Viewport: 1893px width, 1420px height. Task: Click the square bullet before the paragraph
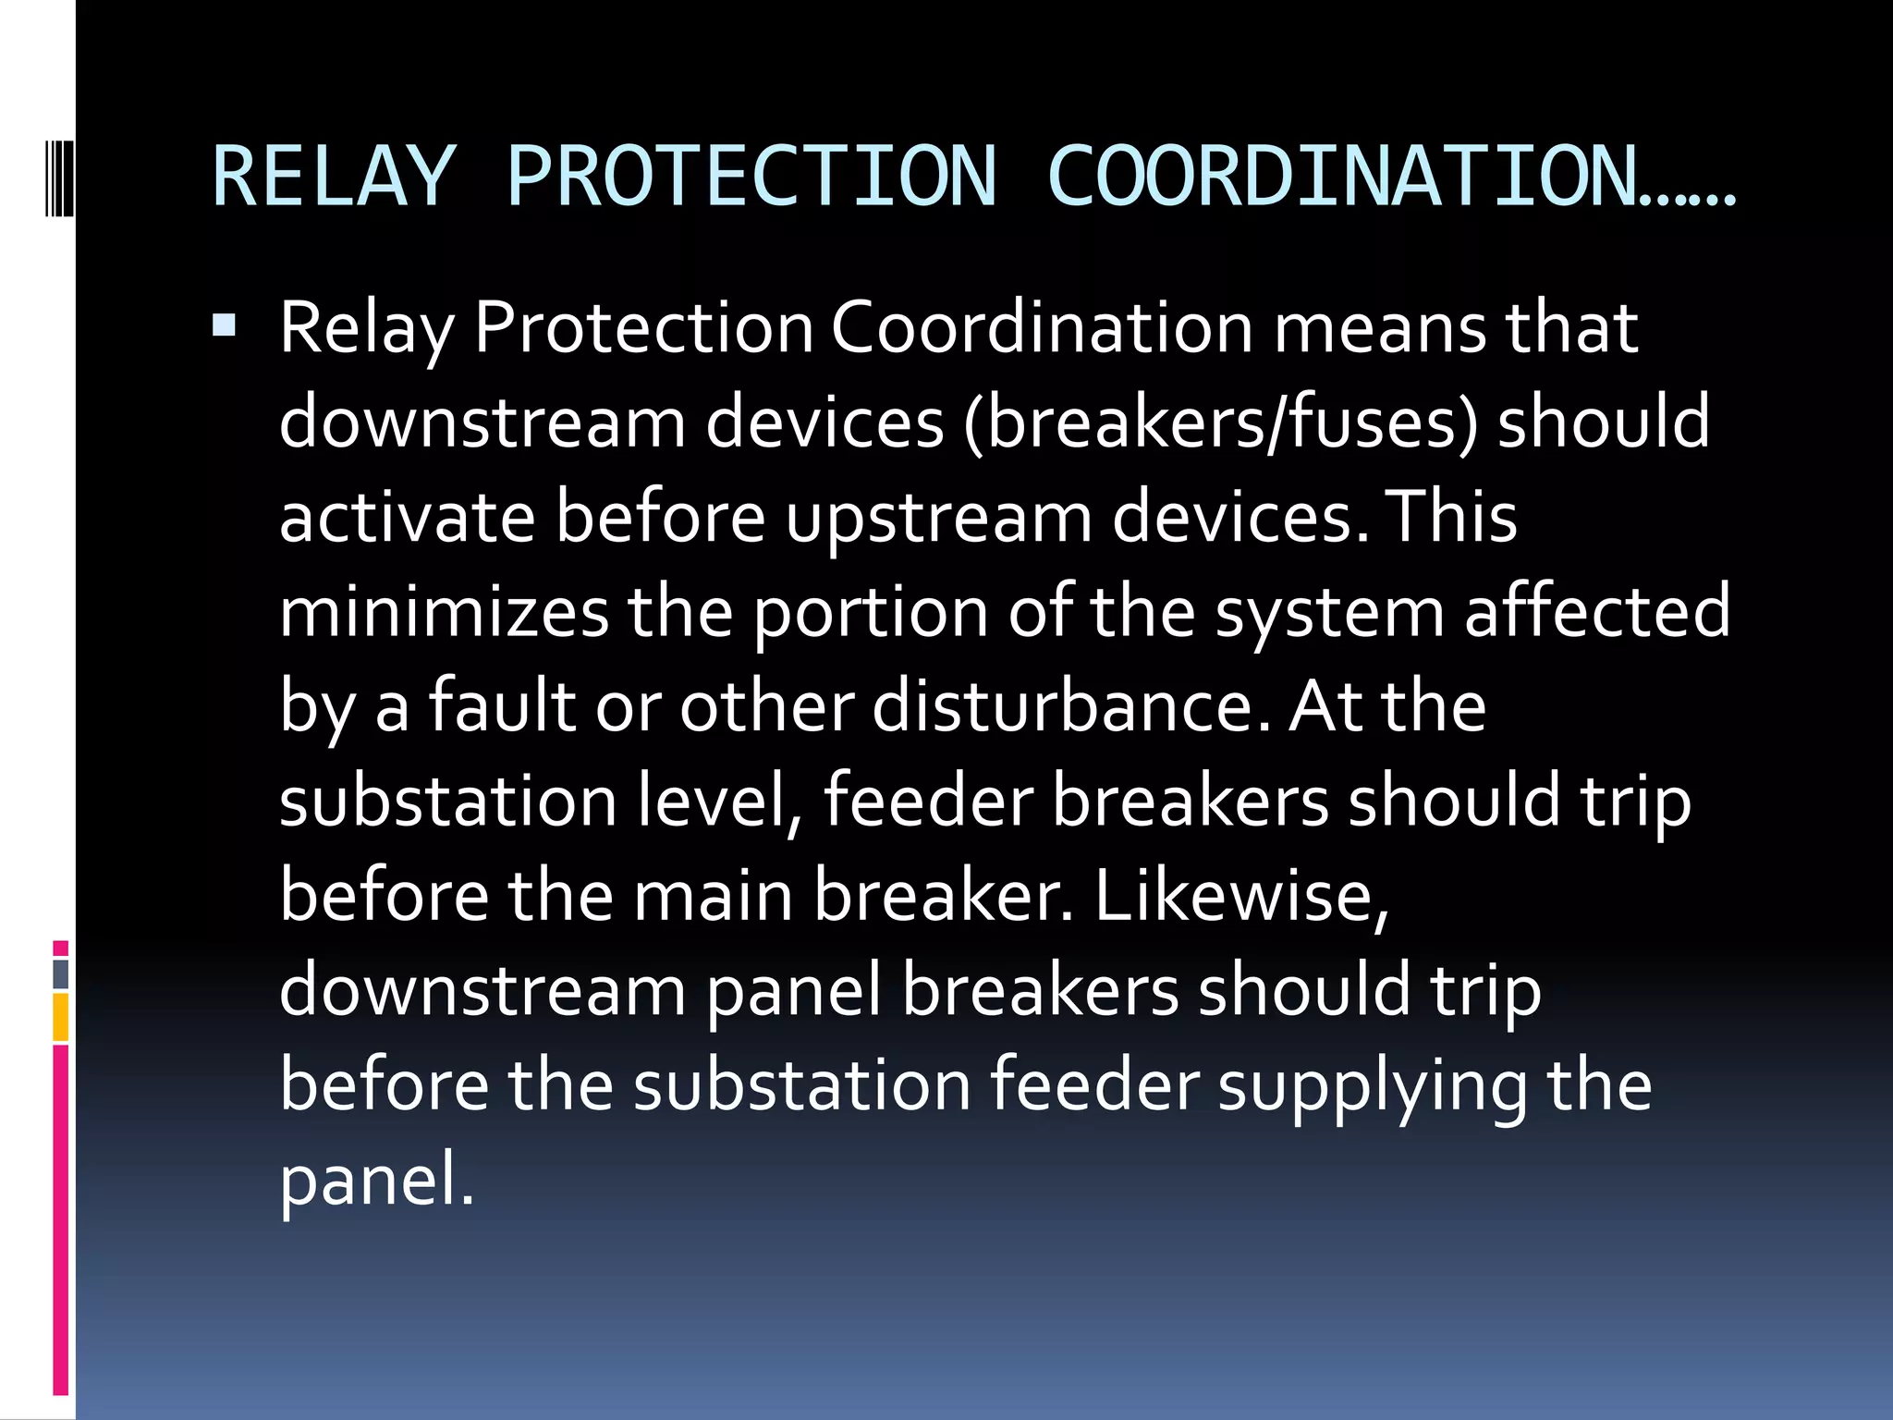coord(224,325)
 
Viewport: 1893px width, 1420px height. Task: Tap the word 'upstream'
coord(939,520)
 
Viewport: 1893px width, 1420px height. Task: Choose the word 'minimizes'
coord(444,612)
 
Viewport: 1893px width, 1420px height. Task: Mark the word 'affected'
coord(1597,612)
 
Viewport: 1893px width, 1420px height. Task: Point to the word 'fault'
coord(502,706)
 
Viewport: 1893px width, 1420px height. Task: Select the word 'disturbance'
coord(1071,706)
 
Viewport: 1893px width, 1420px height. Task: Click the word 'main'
coord(713,896)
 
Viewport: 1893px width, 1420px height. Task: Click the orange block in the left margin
coord(60,1017)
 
